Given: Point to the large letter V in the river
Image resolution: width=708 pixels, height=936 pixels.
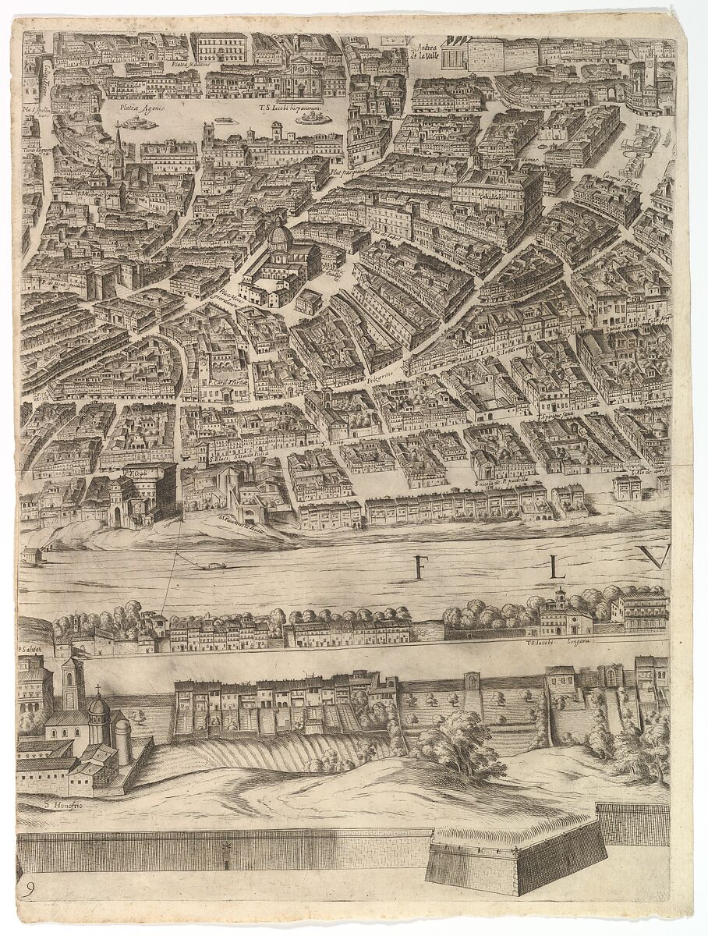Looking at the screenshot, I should click(653, 557).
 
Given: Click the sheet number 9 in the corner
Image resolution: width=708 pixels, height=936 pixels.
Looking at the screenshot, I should click(29, 888).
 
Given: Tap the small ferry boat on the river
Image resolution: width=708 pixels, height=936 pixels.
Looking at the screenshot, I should click(213, 565).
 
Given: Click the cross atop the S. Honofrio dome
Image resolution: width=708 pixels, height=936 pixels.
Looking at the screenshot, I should click(98, 690).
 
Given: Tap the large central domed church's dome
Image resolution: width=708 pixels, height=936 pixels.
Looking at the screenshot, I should click(280, 235).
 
